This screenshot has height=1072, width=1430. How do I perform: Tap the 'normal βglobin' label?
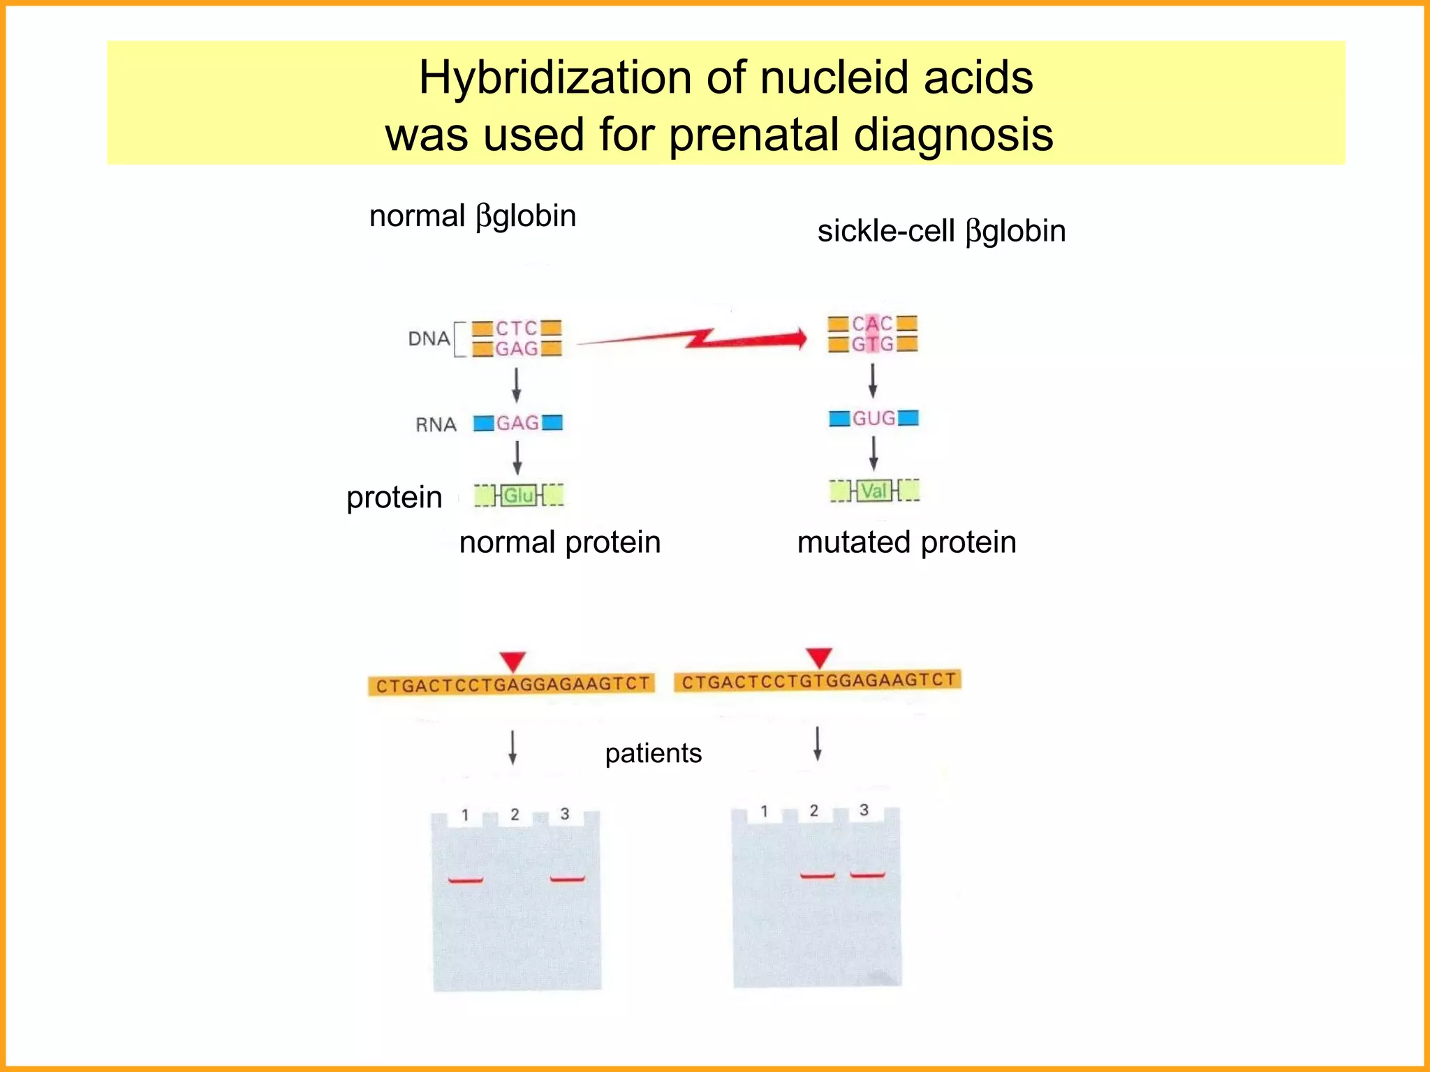click(x=473, y=216)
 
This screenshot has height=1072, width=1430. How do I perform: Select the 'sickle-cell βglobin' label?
click(x=941, y=231)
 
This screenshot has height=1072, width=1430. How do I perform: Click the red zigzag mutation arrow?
click(x=698, y=339)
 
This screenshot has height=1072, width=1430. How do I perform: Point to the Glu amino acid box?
click(x=519, y=496)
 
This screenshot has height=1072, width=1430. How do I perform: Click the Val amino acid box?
click(x=874, y=491)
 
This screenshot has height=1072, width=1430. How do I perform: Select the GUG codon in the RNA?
click(x=874, y=418)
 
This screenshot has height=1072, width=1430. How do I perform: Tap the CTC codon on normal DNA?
click(x=517, y=328)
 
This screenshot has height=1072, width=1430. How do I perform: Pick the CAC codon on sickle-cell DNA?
click(x=872, y=324)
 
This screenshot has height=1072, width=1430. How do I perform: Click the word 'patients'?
click(x=653, y=754)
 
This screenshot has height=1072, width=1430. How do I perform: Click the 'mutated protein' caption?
click(x=906, y=542)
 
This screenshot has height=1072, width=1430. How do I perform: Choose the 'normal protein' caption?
click(x=559, y=542)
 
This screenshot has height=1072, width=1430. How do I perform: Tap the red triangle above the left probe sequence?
click(x=513, y=660)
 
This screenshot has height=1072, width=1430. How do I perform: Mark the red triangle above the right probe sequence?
click(x=818, y=657)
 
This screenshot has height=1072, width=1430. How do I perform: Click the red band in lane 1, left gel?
click(x=466, y=880)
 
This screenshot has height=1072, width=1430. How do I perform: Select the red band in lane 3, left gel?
click(x=567, y=879)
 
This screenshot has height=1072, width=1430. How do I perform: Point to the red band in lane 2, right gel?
click(x=817, y=875)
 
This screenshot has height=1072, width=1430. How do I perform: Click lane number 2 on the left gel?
click(x=515, y=814)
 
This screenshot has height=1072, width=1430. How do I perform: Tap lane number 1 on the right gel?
click(x=764, y=811)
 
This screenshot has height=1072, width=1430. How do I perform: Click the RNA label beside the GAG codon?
click(x=436, y=424)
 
